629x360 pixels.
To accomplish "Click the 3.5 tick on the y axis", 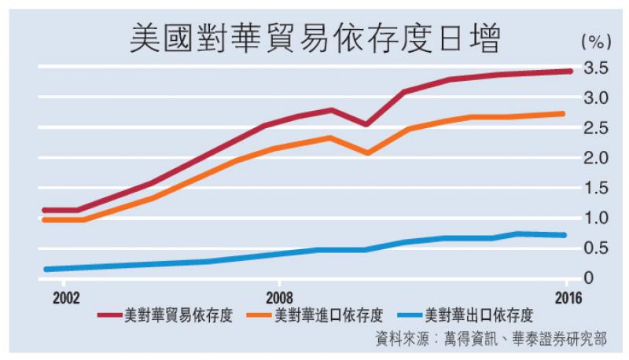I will click(x=597, y=68).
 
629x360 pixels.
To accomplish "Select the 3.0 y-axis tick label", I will click(x=597, y=98).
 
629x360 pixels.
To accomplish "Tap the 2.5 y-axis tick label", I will click(x=597, y=128).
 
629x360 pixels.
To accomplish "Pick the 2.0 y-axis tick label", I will click(x=597, y=158).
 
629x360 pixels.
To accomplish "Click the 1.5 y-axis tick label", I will click(x=597, y=188).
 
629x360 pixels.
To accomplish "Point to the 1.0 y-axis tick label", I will click(x=597, y=218).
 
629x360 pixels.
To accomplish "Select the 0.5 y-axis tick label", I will click(x=597, y=248).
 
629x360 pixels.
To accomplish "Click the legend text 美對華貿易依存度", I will click(x=178, y=317).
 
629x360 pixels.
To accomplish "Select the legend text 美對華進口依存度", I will click(x=329, y=317).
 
